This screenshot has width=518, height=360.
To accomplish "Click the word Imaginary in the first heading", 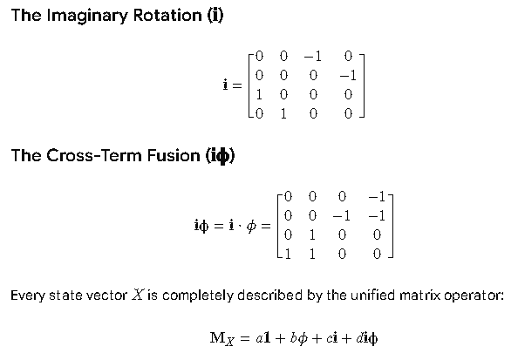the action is pos(87,16).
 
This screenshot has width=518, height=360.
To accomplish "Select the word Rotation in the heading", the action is pos(167,15).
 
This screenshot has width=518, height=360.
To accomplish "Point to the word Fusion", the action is pos(174,155).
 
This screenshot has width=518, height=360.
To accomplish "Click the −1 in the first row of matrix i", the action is pos(312,57).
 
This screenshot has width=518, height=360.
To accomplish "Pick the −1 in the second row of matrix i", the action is pos(348,76).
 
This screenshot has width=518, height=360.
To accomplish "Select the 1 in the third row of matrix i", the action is pos(259,94).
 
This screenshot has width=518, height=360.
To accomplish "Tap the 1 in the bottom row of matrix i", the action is pos(283,113).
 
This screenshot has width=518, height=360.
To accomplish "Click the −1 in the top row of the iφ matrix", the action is pos(377,197).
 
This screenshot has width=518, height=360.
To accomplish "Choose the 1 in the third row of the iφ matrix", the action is pos(312,234).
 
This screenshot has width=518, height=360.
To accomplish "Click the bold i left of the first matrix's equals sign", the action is pos(225,85).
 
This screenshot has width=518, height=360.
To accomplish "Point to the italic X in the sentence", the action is pos(138,295).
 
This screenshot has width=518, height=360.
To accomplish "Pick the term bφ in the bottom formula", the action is pos(298,338).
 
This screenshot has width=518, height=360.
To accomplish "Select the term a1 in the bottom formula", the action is pos(263,338).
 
